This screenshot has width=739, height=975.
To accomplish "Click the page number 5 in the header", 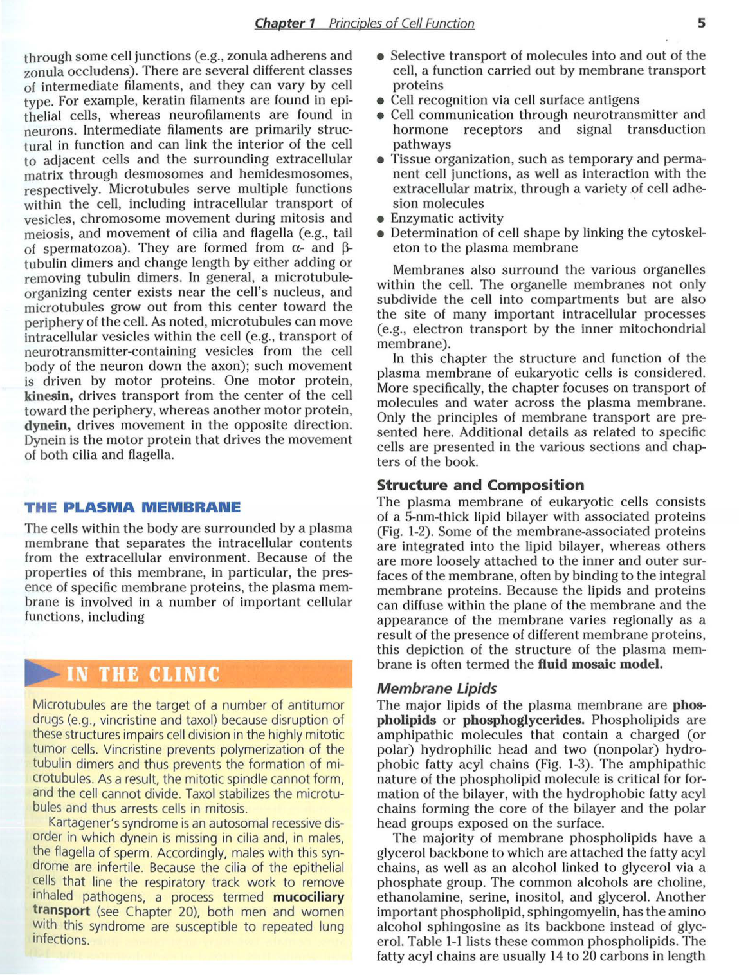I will [701, 23].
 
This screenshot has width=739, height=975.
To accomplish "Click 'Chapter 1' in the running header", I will [285, 24].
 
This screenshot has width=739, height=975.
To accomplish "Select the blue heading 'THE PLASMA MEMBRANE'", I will [132, 508].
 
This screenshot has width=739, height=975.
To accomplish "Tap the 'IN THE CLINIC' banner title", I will [143, 674].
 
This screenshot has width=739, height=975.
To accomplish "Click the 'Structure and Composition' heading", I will [480, 485].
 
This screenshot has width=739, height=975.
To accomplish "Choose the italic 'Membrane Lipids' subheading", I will [437, 689].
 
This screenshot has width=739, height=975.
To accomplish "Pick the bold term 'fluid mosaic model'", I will [599, 664].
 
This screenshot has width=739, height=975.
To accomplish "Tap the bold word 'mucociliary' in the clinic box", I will [309, 897].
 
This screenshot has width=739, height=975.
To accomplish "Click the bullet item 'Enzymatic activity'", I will [446, 218].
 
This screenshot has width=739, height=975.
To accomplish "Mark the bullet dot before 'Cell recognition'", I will [381, 101].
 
